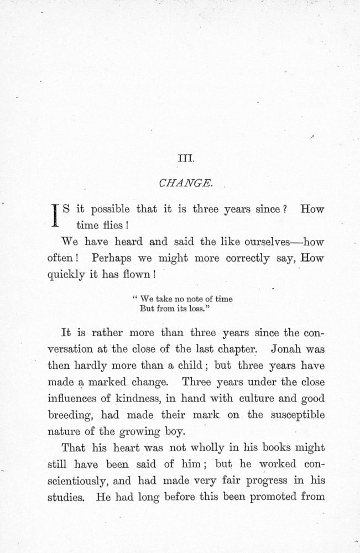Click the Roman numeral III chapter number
[x=183, y=159]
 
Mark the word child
[x=192, y=366]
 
